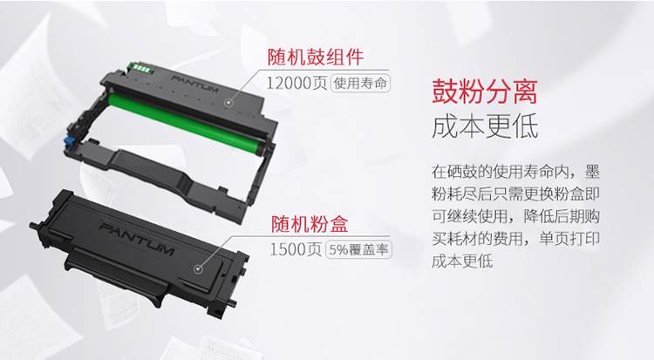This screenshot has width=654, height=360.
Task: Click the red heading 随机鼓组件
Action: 316,58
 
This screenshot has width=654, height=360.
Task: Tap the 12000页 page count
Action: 296,83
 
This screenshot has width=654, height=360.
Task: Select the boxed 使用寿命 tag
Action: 360,83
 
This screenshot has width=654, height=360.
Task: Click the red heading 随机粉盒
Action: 310,224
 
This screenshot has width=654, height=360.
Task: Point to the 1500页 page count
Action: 296,249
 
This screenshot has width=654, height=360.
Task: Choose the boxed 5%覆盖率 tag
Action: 358,249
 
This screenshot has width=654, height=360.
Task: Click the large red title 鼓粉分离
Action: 485,91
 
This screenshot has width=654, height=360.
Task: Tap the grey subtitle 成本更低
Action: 485,126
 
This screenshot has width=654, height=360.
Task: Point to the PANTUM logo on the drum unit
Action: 194,84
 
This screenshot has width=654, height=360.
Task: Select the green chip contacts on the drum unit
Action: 141,68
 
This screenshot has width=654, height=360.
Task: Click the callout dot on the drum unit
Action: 228,102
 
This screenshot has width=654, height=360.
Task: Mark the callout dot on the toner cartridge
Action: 199,269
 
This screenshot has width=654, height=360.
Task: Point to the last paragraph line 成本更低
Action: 462,262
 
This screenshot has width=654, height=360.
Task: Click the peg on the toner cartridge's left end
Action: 34,226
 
